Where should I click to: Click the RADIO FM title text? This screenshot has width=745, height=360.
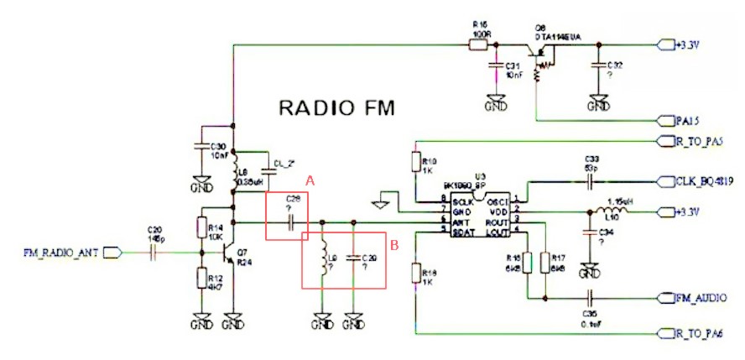[x=336, y=108]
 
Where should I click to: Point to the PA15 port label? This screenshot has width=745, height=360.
[x=687, y=119]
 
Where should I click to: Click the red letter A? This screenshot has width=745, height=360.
[x=309, y=180]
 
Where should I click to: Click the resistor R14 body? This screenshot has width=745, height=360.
[x=202, y=228]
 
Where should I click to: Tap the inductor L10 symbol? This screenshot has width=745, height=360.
[x=616, y=212]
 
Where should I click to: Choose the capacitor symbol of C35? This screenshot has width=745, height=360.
[x=591, y=297]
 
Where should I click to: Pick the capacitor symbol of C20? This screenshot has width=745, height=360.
[x=154, y=251]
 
